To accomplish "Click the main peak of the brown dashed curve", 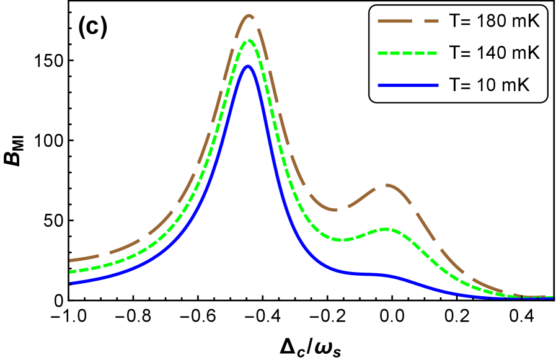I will coord(249,15).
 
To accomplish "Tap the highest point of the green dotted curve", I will coord(249,41).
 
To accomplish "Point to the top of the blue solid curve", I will coord(248,66).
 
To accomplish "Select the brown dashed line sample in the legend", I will coord(408,21).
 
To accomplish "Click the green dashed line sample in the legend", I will coord(408,53).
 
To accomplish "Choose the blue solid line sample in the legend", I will coord(408,86).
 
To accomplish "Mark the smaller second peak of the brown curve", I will coord(386,185).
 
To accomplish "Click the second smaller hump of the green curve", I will coord(386,229).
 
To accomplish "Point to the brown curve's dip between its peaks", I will coord(335,210).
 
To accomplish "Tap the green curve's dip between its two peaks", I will coord(343,239).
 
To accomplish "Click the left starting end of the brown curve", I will coord(71,260).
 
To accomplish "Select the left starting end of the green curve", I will coord(71,271).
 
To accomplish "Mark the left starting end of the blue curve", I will coord(71,283).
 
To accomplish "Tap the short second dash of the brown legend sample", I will coord(431,21).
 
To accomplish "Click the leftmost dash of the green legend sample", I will coord(382,53).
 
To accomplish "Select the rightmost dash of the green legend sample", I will coord(432,53).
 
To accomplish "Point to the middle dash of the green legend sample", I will coord(407,53).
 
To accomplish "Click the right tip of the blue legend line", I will coord(437,86).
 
